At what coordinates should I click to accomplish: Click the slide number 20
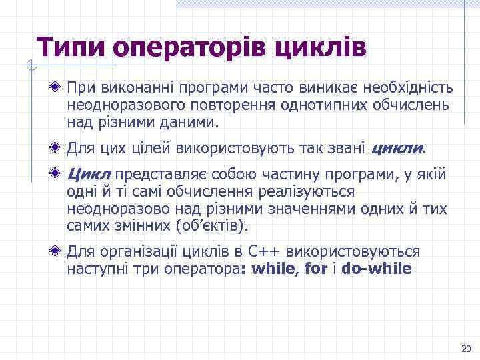point(465,349)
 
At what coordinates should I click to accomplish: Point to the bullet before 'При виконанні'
point(59,87)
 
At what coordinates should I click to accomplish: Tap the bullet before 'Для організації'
point(59,252)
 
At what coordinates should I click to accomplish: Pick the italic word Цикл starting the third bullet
point(89,175)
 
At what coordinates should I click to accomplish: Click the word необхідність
point(409,88)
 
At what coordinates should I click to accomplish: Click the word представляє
point(159,175)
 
